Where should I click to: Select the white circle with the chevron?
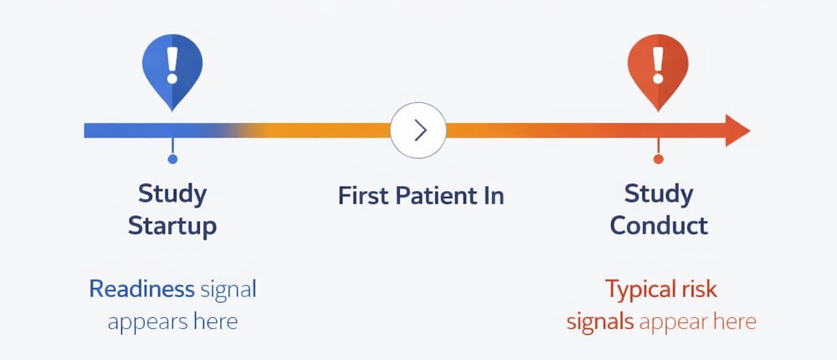(x=418, y=130)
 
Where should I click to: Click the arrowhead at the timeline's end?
(x=736, y=130)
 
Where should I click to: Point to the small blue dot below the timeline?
(x=172, y=159)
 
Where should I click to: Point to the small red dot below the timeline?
(x=658, y=159)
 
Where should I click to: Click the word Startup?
(x=172, y=225)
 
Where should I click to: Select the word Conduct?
(x=659, y=225)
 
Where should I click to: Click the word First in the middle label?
(x=362, y=196)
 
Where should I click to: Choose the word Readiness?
(x=141, y=290)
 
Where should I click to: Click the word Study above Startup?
(x=172, y=194)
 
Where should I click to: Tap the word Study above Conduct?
(x=659, y=194)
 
